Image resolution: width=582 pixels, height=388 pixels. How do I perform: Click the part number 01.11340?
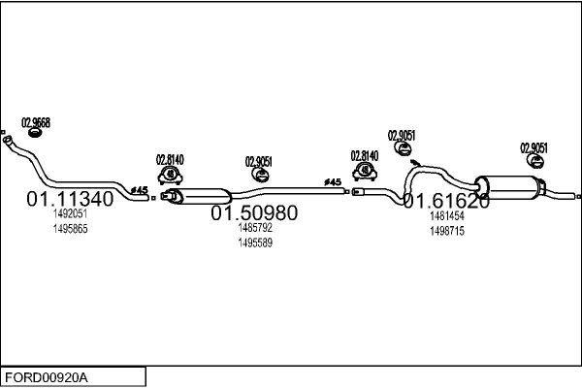coord(69,199)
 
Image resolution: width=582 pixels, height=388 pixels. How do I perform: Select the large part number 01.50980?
coord(254,212)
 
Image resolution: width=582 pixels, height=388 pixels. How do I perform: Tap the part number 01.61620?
coord(446,202)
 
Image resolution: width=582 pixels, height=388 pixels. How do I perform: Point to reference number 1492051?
coord(70,214)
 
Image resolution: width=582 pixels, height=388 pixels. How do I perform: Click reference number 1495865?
coord(70,228)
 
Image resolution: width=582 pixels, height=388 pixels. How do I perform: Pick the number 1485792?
coord(254,228)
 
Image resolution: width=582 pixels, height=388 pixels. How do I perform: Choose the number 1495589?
coord(254,242)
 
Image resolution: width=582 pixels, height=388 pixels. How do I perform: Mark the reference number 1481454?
coord(446,217)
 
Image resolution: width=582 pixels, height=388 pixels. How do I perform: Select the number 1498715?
coord(446,231)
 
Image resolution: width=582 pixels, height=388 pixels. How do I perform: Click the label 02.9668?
coord(36,122)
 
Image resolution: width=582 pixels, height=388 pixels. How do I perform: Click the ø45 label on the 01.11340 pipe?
coord(139,189)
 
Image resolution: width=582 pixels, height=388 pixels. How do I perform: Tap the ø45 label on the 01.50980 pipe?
coord(333,182)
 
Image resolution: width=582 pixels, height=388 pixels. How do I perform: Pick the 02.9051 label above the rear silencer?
coord(533,147)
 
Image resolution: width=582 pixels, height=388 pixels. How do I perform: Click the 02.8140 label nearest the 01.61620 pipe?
coord(365,155)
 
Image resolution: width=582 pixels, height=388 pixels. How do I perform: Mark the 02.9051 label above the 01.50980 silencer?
coord(258,161)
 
